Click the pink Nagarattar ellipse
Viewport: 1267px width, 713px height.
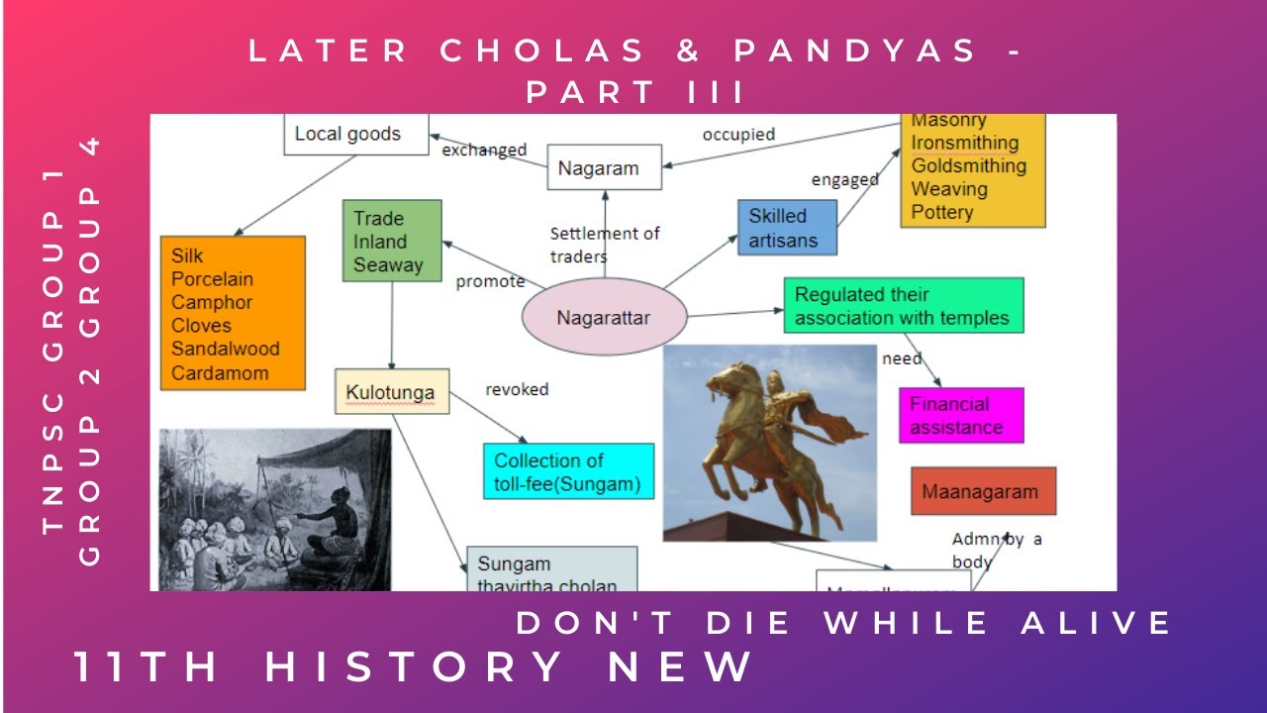coord(604,318)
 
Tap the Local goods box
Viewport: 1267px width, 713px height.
coord(356,134)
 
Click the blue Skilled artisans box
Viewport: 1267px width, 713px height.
coord(787,228)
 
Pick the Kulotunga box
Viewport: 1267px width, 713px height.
coord(392,392)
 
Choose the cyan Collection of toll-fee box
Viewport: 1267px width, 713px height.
coord(568,472)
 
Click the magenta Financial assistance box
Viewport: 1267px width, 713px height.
coord(961,416)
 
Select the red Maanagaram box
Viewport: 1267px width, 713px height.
coord(983,491)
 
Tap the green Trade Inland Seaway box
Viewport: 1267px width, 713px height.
coord(391,241)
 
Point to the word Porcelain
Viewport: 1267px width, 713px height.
coord(212,279)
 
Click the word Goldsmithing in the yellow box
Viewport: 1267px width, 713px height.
coord(968,165)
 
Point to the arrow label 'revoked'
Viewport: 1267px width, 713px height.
coord(516,389)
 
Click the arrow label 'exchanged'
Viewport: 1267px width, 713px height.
coord(484,151)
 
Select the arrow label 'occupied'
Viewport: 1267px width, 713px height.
coord(738,134)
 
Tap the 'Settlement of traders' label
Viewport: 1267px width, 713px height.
coord(604,245)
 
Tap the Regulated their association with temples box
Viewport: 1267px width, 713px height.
coord(903,305)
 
